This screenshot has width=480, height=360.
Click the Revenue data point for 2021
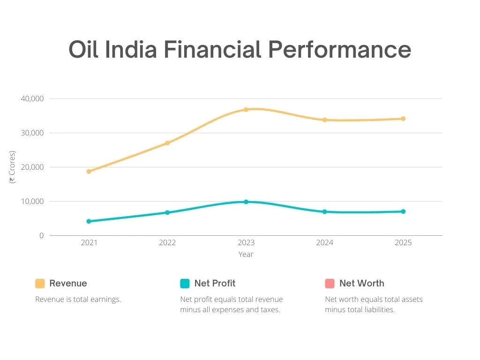pos(89,172)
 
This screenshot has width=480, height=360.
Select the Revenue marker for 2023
pos(246,110)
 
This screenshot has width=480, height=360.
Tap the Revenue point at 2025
pos(403,119)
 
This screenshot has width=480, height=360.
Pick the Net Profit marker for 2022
pos(167,213)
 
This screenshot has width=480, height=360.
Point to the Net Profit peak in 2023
pos(246,202)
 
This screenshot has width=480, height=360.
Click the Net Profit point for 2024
pos(324,212)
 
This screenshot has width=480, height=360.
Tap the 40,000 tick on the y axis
pos(32,99)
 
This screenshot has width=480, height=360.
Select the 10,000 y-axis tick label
pos(32,202)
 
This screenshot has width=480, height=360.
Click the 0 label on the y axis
pos(41,236)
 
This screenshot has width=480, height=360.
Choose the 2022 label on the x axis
pos(167,243)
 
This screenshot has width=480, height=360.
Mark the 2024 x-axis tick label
pos(324,243)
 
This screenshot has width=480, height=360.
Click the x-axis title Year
pos(246,255)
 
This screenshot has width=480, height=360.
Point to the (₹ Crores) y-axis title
pos(13,167)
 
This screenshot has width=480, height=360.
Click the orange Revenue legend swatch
pos(40,284)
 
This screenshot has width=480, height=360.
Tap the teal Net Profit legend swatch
pos(185,284)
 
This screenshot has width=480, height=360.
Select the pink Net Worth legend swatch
pos(330,284)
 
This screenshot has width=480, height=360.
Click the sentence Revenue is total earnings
pos(78,300)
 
